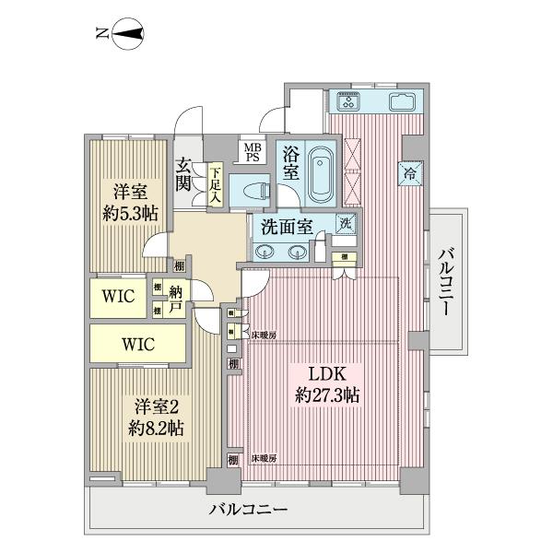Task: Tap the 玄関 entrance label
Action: (184, 175)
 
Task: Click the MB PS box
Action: (251, 151)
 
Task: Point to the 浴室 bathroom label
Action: (290, 163)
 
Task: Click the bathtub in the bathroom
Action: (320, 172)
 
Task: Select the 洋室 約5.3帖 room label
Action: (129, 203)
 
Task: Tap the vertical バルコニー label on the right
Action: (444, 282)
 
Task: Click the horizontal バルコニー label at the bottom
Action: (250, 508)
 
